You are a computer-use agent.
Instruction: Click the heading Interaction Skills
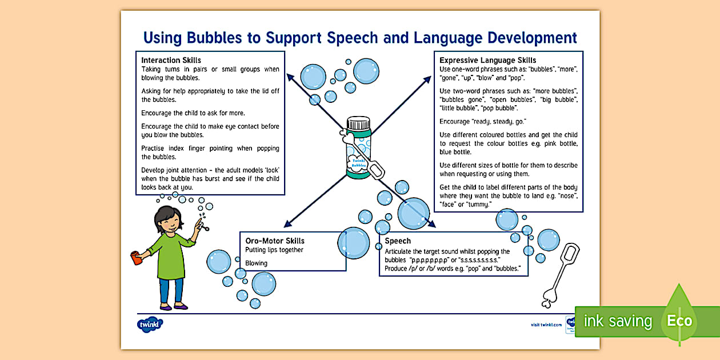171,60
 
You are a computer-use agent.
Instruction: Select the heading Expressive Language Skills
487,60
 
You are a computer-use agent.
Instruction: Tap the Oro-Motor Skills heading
275,241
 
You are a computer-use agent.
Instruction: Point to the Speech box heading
398,241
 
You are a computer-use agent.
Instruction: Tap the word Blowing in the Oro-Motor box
256,263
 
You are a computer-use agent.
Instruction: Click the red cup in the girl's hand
136,258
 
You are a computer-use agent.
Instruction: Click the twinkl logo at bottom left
150,325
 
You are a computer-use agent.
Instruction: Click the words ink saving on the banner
617,321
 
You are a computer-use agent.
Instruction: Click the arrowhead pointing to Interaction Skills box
289,75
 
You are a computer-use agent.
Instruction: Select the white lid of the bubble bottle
358,122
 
